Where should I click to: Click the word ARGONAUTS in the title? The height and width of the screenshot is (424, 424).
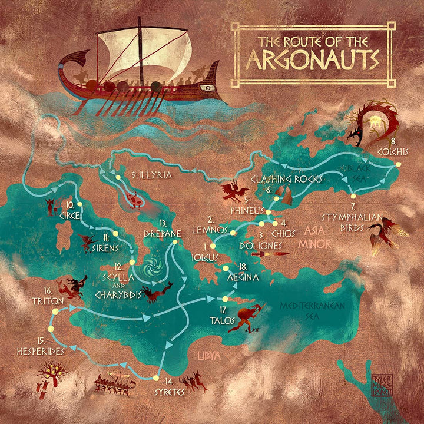pyautogui.click(x=312, y=59)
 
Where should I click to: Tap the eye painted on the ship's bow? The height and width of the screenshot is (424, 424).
pyautogui.click(x=207, y=87)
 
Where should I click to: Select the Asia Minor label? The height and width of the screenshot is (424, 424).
pyautogui.click(x=316, y=236)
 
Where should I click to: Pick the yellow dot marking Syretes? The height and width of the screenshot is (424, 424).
pyautogui.click(x=156, y=378)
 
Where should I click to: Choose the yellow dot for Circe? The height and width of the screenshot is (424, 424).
pyautogui.click(x=78, y=204)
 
